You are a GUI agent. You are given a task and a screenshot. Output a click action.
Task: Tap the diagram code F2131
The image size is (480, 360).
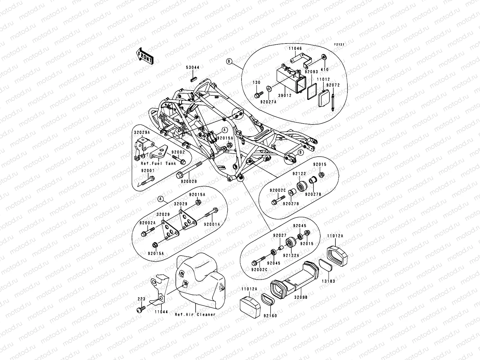339,45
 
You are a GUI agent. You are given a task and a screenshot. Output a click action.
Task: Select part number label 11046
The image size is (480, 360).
295,48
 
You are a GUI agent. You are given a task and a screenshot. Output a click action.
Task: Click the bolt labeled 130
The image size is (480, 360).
257,96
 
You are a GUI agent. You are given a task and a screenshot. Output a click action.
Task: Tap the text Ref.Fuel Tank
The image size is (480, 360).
158,163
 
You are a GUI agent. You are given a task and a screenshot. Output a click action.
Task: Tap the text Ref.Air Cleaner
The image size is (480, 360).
195,314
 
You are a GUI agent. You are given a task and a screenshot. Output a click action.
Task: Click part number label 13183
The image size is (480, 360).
329,281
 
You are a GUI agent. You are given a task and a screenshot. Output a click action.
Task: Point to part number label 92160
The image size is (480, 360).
270,316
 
